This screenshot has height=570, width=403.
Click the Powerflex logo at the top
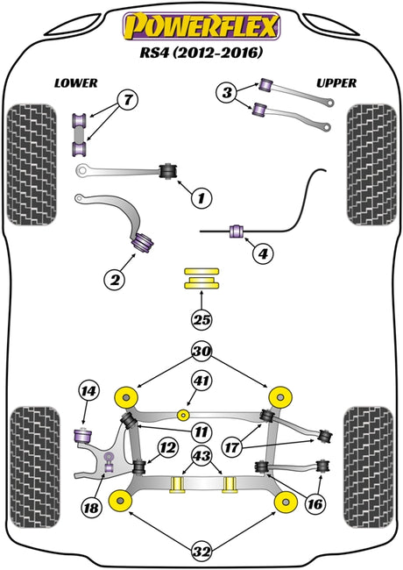201,26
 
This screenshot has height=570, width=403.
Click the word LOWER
76,83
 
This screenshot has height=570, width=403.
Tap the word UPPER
336,83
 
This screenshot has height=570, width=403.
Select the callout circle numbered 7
128,99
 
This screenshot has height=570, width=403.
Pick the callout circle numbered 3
227,93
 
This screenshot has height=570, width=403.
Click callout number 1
201,198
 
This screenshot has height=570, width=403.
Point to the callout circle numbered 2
115,280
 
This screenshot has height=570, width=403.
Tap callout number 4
263,253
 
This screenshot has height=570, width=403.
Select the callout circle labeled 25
201,320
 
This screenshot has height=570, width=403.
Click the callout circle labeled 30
201,351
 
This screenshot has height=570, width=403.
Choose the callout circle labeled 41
201,381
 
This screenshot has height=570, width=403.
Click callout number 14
89,391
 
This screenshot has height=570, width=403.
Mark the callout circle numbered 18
91,507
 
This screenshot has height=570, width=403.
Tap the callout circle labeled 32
201,552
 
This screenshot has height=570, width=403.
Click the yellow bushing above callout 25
201,279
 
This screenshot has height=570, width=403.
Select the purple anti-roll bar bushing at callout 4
237,232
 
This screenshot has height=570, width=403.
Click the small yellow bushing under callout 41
183,415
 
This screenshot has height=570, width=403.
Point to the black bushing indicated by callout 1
169,171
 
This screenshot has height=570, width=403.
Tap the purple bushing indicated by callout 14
83,436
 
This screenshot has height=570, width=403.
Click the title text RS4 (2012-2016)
201,53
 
